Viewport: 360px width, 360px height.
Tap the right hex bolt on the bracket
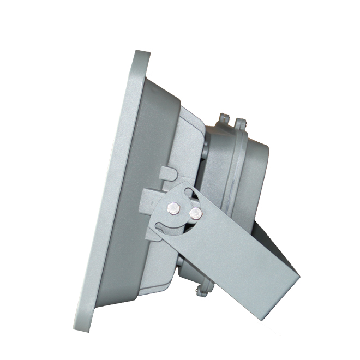(x=195, y=211)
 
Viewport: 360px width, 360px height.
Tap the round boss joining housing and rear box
(x=203, y=150)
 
